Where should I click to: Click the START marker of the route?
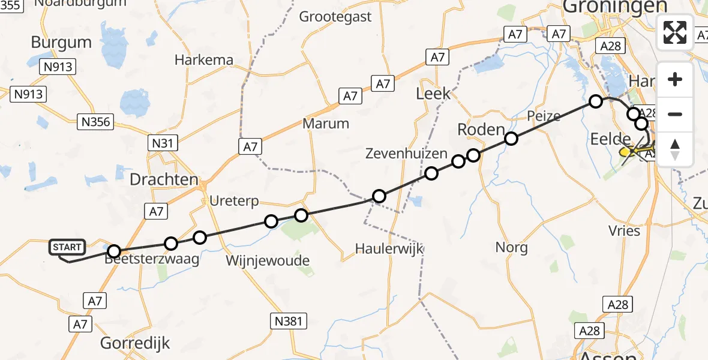[x=67, y=247]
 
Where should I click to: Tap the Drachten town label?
[x=164, y=179]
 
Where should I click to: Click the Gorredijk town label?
[x=135, y=343]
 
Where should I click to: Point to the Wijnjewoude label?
[x=268, y=261]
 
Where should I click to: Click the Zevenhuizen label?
[x=406, y=154]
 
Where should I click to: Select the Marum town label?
[x=326, y=124]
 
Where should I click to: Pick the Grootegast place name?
[x=335, y=17]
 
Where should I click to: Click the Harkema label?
[x=204, y=60]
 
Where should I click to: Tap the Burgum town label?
[x=61, y=43]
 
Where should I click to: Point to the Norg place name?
[x=512, y=247]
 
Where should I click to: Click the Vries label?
[x=624, y=230]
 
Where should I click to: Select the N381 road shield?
[x=288, y=321]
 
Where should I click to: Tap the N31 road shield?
[x=162, y=143]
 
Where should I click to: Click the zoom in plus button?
[x=675, y=79]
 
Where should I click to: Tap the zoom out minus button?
[x=675, y=114]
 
